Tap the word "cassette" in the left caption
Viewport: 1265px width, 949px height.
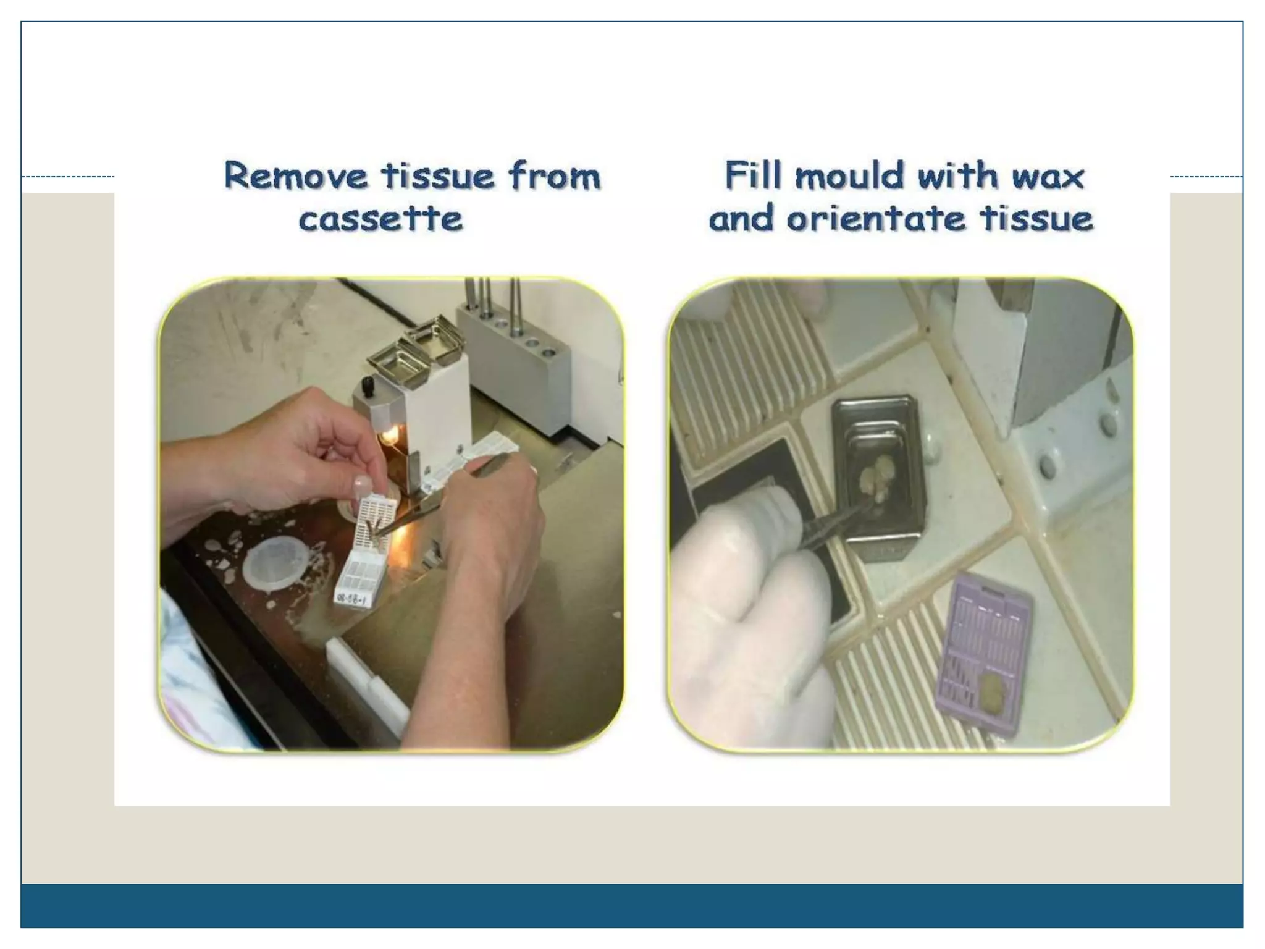(x=381, y=219)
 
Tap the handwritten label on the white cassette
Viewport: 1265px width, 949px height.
(x=350, y=597)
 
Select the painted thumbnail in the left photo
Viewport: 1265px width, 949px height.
(x=362, y=486)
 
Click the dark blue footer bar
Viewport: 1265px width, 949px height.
(x=632, y=906)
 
